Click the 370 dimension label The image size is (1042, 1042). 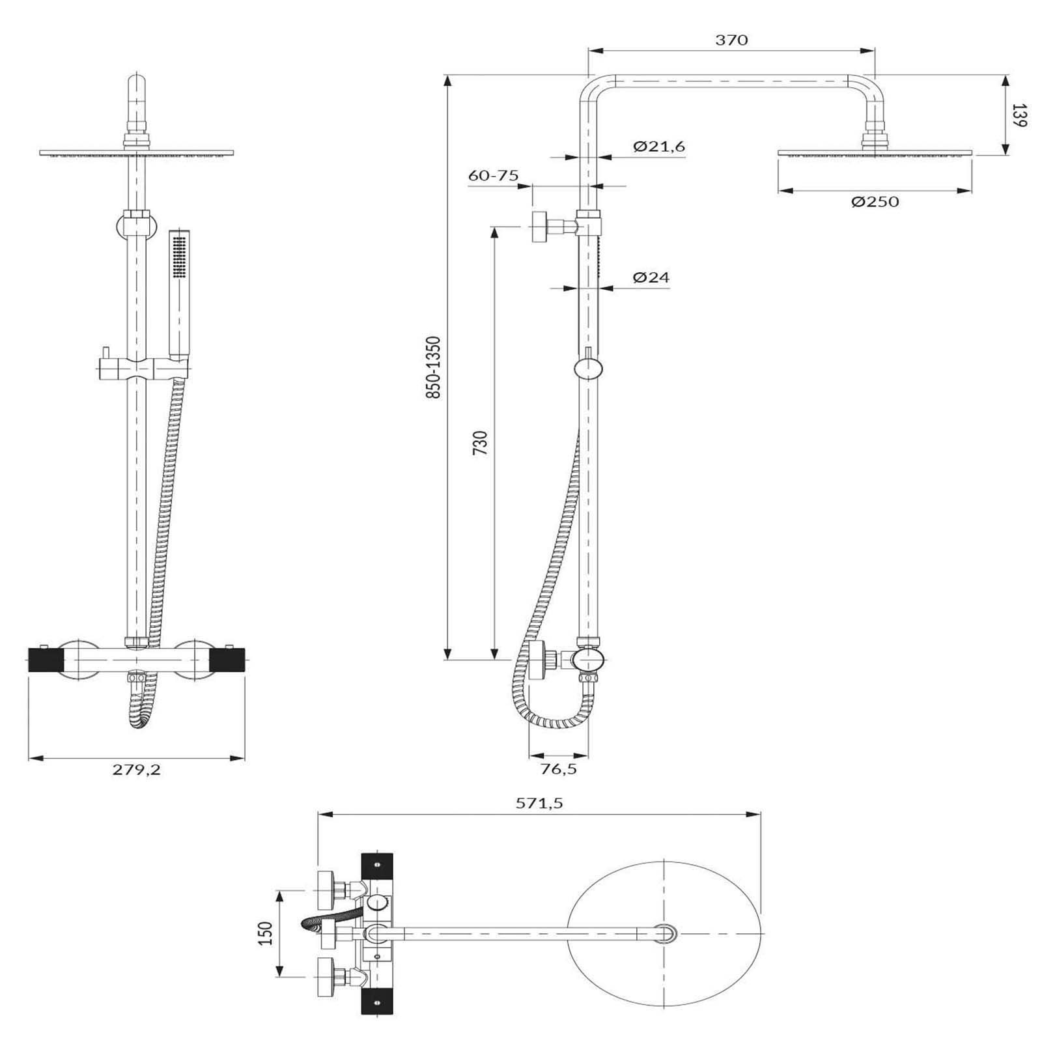[731, 40]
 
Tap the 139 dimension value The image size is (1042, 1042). [1020, 115]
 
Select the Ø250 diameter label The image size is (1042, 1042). [875, 202]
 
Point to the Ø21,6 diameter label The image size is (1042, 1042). [659, 147]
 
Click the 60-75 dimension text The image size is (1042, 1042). [494, 175]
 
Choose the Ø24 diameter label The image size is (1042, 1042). [651, 277]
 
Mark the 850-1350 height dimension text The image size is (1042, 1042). [434, 367]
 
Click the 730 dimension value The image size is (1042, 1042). [480, 443]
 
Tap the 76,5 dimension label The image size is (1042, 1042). [559, 769]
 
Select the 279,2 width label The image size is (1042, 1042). [136, 769]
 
